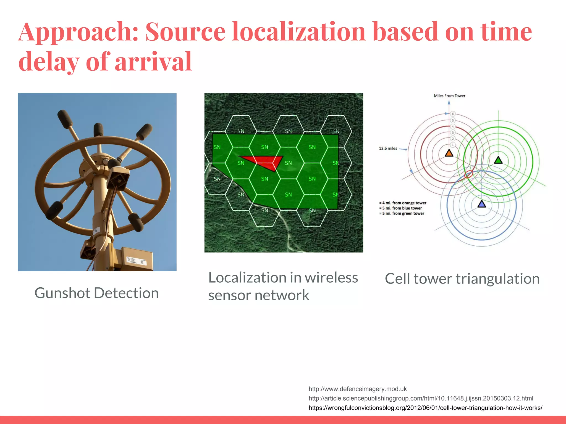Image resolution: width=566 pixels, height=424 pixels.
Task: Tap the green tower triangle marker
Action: [498, 160]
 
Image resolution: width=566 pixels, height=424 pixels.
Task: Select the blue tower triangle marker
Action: [482, 204]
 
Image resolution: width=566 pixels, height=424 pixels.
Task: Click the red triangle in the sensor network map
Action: [265, 161]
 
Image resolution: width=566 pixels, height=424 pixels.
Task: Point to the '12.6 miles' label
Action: [388, 149]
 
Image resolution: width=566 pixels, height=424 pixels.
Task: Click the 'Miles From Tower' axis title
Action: [449, 96]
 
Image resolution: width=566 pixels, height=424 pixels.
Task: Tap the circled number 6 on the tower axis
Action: [453, 114]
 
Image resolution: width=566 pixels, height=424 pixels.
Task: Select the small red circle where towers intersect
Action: [468, 174]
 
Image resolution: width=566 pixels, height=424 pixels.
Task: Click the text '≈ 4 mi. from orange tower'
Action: [403, 203]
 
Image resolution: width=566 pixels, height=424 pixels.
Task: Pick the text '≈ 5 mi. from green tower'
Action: [402, 213]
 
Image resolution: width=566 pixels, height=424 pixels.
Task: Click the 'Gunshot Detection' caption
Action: [96, 293]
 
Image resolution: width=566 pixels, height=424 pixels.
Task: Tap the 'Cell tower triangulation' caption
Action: [462, 279]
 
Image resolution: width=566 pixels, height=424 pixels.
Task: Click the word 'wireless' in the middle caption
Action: [331, 277]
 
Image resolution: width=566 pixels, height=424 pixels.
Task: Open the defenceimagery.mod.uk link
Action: [358, 389]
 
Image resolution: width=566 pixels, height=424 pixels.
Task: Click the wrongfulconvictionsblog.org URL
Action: [425, 408]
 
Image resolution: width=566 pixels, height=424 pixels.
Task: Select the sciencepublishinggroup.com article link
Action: [421, 398]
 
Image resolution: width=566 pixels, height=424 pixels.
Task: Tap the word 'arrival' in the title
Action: [153, 61]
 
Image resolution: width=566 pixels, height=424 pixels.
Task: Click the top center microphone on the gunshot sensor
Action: [98, 130]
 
